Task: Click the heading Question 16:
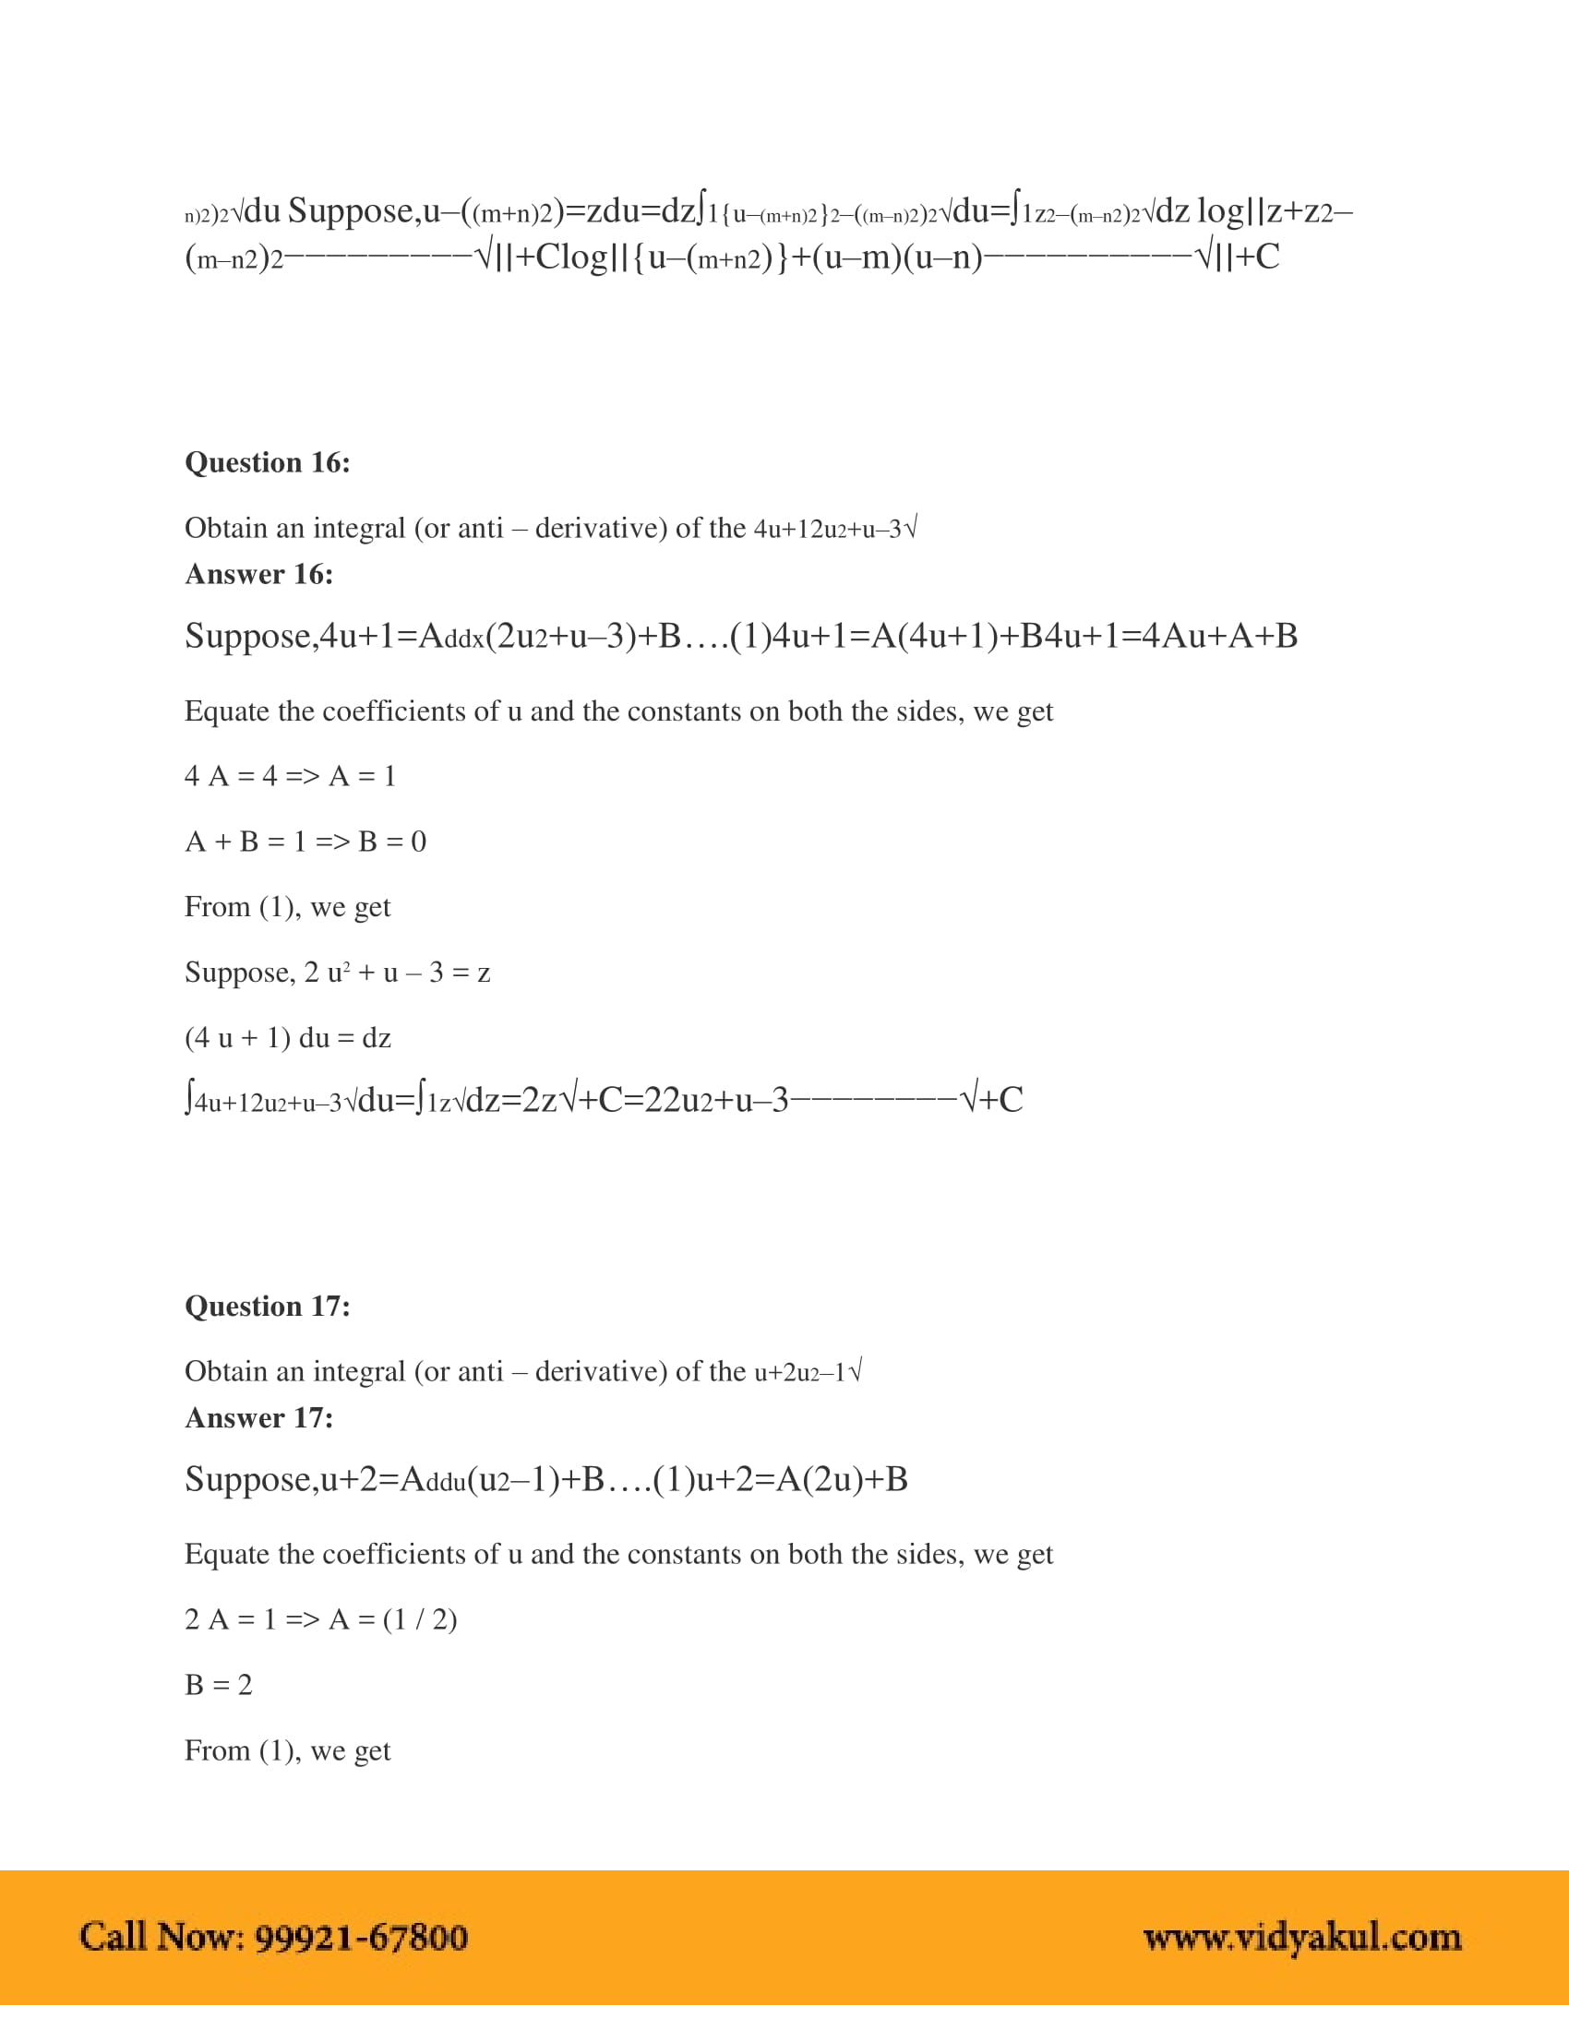point(267,462)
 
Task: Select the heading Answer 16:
point(258,574)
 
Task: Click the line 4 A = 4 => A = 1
point(290,775)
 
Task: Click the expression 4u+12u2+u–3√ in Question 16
point(834,529)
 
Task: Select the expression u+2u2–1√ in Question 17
point(808,1372)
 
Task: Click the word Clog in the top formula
point(570,257)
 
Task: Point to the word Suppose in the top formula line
point(351,211)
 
